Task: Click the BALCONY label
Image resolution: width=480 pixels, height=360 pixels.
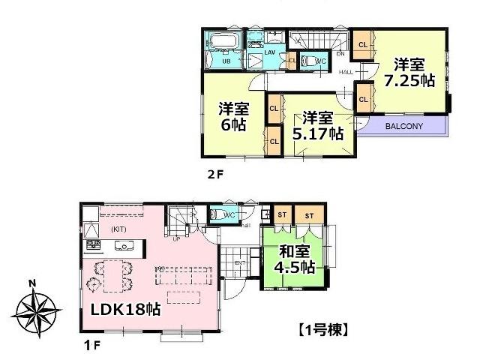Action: tap(405, 126)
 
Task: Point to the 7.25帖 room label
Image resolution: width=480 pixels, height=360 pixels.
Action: tap(408, 72)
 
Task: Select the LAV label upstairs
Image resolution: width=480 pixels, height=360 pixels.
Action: tap(269, 52)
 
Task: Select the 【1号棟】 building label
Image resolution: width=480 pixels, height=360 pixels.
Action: tap(323, 328)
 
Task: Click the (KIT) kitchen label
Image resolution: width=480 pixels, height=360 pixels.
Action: tap(119, 228)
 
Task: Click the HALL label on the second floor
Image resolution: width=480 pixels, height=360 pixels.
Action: tap(346, 72)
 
